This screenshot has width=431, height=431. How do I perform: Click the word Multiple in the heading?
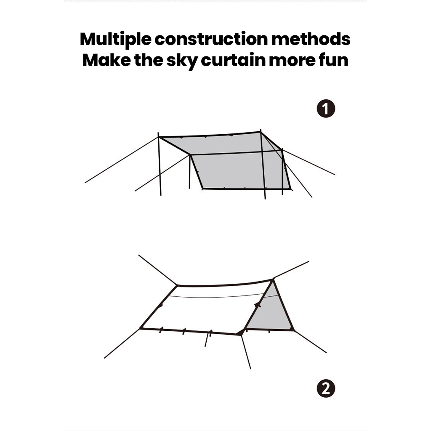[x=115, y=40]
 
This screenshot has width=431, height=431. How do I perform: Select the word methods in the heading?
[x=311, y=39]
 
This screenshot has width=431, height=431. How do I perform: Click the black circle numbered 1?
[x=326, y=109]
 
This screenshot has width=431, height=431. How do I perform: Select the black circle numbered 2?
[x=326, y=388]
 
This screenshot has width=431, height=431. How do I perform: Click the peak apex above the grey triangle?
[x=273, y=280]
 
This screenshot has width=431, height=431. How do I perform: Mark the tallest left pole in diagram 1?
[x=160, y=164]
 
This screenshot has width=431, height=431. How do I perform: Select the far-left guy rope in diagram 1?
[x=122, y=160]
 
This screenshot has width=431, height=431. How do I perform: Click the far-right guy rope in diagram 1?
[x=309, y=162]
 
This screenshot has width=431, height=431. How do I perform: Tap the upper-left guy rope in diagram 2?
[x=158, y=270]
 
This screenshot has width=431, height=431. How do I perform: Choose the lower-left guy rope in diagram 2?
[x=122, y=343]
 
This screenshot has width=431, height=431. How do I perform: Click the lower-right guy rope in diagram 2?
[x=310, y=341]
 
